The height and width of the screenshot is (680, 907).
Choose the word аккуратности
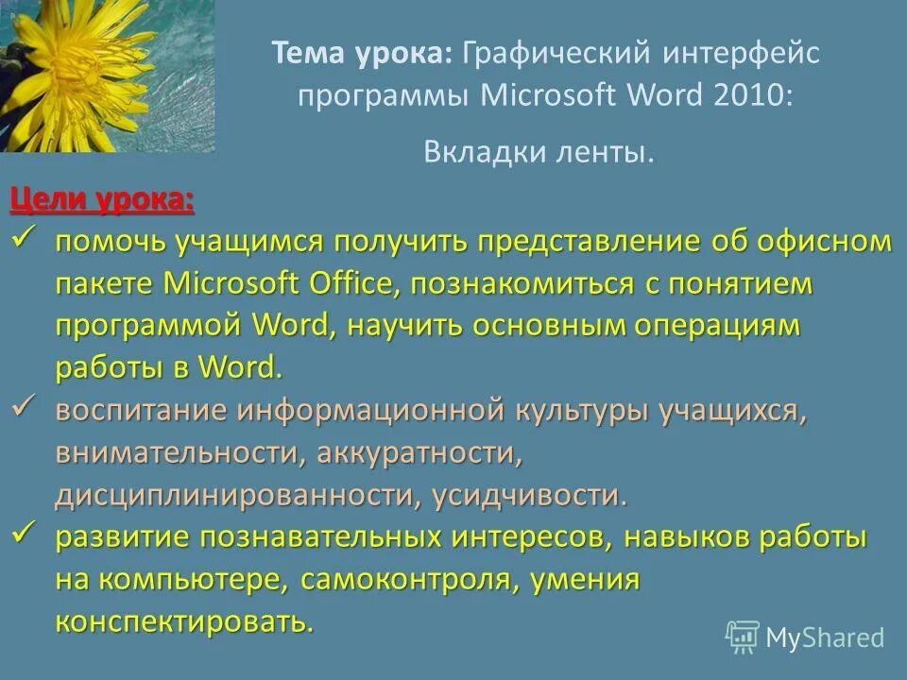(419, 453)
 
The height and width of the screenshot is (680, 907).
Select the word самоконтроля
(407, 580)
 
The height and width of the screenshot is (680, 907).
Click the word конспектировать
(183, 621)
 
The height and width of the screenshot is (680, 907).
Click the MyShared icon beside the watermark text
(743, 637)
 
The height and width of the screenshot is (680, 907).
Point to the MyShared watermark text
(825, 638)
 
